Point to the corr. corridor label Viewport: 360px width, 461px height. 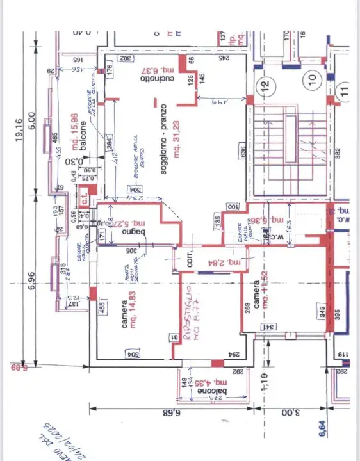pyautogui.click(x=189, y=261)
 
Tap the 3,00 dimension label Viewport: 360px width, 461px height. pyautogui.click(x=292, y=413)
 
